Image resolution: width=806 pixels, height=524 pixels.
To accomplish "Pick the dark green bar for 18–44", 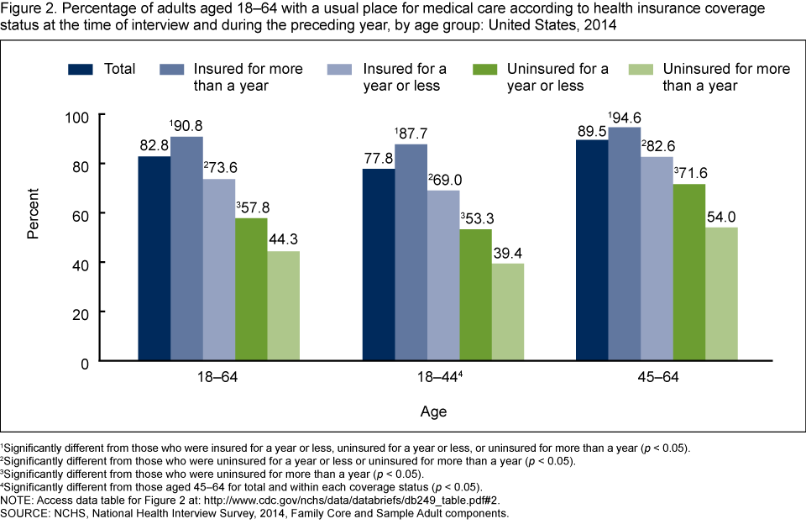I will click(x=475, y=295).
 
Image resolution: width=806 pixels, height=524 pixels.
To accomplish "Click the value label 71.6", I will click(x=691, y=174).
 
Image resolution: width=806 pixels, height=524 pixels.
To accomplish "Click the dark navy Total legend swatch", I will click(x=81, y=68).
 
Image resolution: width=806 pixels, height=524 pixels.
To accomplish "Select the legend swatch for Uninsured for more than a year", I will click(x=642, y=68).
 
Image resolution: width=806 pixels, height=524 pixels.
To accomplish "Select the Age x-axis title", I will click(x=434, y=411).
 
